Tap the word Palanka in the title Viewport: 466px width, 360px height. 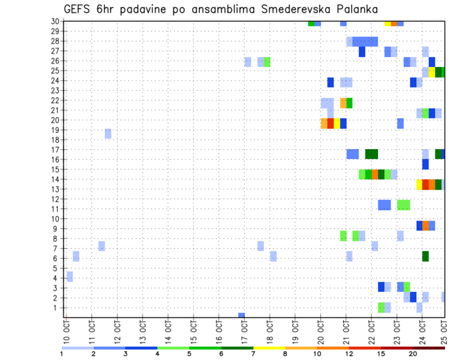click(x=356, y=10)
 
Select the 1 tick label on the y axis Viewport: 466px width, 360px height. click(x=57, y=308)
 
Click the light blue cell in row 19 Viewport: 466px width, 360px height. click(x=108, y=133)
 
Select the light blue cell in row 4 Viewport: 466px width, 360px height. click(x=70, y=277)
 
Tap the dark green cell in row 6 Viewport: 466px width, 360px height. click(x=425, y=256)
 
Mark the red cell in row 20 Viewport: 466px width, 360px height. click(x=331, y=124)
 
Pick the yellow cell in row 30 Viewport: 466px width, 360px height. click(x=387, y=23)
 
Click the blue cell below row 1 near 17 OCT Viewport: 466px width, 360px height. click(x=241, y=315)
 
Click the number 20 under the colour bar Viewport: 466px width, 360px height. click(x=413, y=354)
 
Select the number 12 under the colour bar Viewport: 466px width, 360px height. click(x=349, y=354)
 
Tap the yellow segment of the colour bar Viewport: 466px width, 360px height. click(x=269, y=347)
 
